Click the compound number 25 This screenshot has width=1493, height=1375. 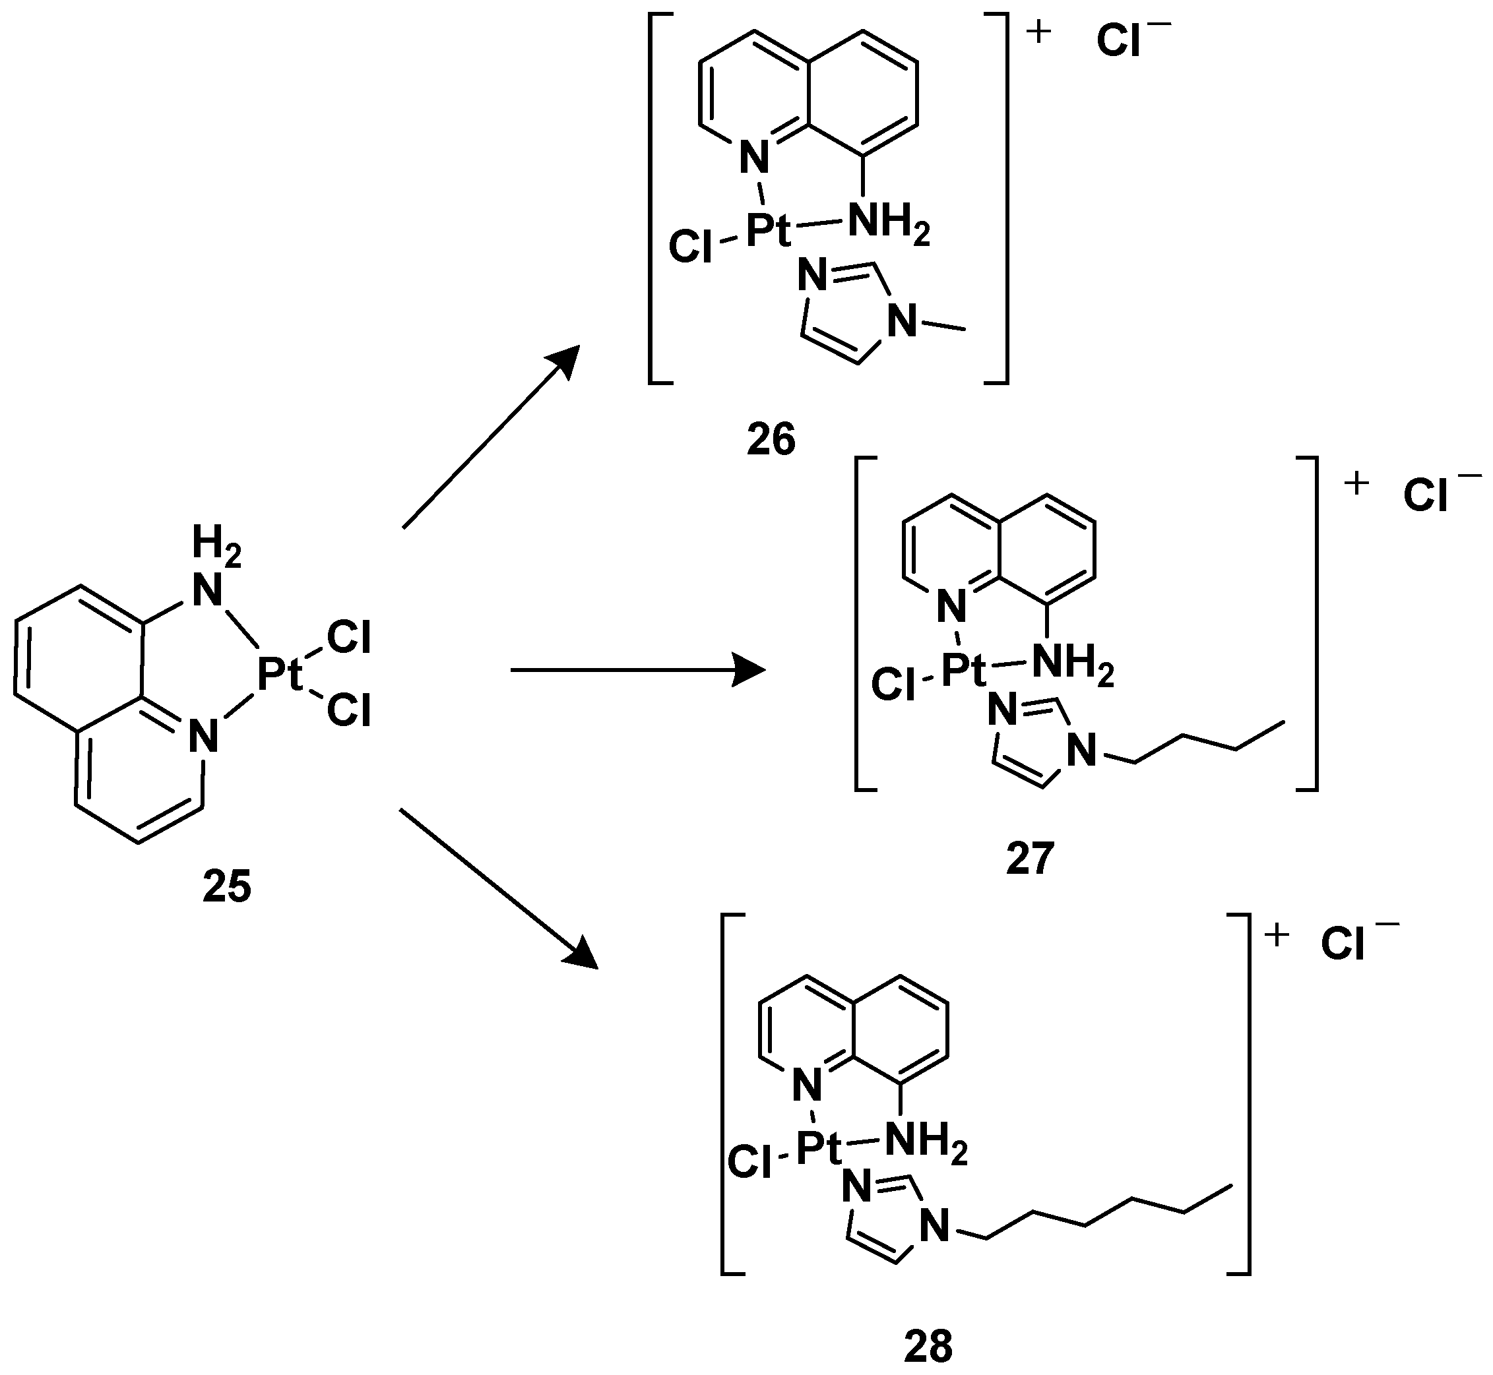pos(227,887)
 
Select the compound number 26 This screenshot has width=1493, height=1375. pos(771,439)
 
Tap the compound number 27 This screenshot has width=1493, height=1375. pos(1030,859)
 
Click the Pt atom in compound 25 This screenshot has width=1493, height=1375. pos(280,675)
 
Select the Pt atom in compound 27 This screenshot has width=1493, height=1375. pos(964,671)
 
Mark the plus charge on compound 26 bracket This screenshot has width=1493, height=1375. pos(1038,34)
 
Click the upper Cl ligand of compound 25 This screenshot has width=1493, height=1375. pos(348,638)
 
